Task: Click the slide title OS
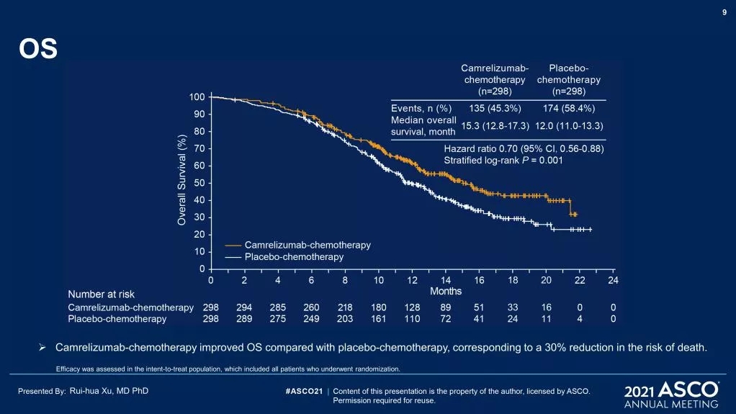pos(37,50)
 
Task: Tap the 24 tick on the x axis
pos(614,280)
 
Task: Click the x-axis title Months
pos(446,291)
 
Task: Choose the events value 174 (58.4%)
pos(568,109)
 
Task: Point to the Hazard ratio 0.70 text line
pos(523,149)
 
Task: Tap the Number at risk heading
pos(101,294)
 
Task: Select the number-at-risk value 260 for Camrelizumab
pos(311,307)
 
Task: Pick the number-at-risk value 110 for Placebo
pos(412,318)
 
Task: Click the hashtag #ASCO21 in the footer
pos(303,391)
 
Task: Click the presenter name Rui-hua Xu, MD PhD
pos(109,391)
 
